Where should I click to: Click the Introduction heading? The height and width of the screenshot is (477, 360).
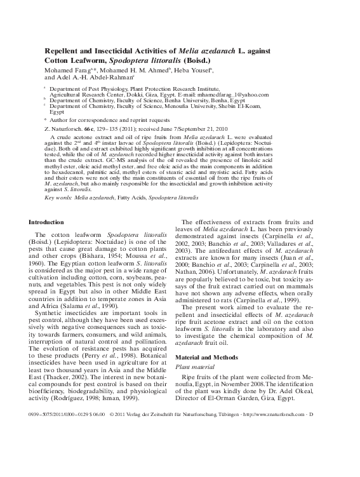[47, 222]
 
